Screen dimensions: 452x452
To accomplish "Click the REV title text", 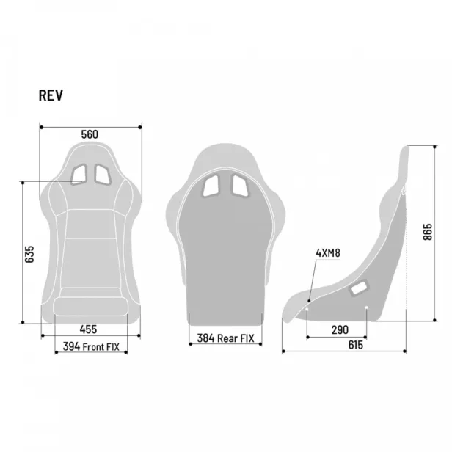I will [51, 95].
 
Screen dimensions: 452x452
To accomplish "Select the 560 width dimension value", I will [90, 134].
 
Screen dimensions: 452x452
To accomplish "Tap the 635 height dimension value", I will [30, 254].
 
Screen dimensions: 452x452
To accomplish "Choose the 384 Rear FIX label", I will [225, 338].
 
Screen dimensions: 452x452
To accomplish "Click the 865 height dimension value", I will [427, 232].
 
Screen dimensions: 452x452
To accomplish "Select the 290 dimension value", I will [339, 330].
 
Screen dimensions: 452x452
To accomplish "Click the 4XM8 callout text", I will [328, 253].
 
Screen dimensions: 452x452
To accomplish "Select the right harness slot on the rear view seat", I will [240, 185].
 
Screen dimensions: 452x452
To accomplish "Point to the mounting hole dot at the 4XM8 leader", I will [309, 301].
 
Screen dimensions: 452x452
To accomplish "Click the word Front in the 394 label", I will [95, 346].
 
